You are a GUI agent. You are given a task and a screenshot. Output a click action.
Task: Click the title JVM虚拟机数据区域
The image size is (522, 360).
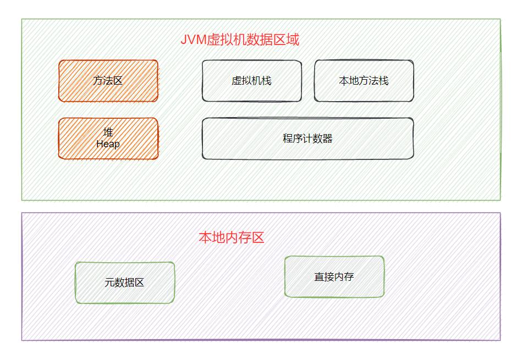coord(240,40)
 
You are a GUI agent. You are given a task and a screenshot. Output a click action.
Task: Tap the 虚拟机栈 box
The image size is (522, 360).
coord(251,81)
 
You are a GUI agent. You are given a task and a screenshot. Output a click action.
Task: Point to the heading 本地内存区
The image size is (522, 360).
coord(232,238)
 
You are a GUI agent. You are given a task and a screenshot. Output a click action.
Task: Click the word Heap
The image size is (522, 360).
coord(108,145)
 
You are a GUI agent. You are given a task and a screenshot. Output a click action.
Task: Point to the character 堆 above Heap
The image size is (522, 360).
coord(108,132)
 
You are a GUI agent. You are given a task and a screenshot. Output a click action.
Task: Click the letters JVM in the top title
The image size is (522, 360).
coord(193,40)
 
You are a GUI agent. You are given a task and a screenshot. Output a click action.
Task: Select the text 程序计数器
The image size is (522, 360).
coord(307,139)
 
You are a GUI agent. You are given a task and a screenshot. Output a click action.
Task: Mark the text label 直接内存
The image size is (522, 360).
coord(334,277)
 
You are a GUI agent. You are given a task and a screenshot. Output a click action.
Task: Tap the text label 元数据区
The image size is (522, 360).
coord(124,283)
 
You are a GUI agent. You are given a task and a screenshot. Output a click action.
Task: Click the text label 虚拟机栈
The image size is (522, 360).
coord(251,81)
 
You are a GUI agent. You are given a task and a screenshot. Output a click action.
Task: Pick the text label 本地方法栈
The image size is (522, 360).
coord(364,81)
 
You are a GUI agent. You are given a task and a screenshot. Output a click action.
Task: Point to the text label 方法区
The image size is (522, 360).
coord(108,81)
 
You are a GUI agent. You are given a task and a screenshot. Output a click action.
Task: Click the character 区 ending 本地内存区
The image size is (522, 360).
coord(258,238)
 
